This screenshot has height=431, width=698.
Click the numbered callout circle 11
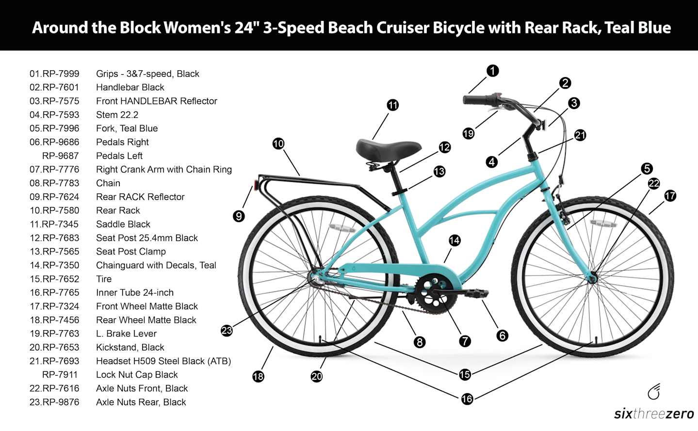pos(393,105)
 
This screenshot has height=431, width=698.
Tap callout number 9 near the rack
pos(239,216)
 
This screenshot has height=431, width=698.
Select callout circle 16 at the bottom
pos(467,399)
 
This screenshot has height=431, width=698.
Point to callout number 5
pos(647,169)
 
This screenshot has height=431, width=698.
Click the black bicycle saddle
pos(388,148)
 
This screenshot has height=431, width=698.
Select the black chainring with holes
pos(434,294)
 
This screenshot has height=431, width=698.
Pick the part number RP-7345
pos(60,224)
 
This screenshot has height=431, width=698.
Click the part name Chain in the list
pos(108,183)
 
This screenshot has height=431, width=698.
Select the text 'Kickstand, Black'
pos(130,347)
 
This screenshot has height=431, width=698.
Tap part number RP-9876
pos(60,402)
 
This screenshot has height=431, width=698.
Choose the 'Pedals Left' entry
pos(119,156)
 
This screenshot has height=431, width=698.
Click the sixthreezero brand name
pos(654,414)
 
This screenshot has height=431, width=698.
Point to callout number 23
pos(227,331)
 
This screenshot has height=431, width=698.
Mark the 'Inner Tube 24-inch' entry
pos(135,292)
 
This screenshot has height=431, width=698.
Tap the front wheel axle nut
pos(593,278)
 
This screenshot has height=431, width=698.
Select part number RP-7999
pos(60,74)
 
